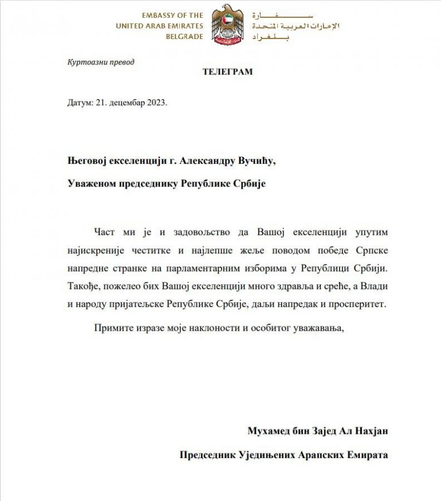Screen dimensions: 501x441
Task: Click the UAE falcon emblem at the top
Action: (227, 25)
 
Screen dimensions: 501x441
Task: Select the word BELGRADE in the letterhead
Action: (184, 36)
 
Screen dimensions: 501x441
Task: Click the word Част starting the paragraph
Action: (103, 232)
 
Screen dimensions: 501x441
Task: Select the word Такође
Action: (81, 286)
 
